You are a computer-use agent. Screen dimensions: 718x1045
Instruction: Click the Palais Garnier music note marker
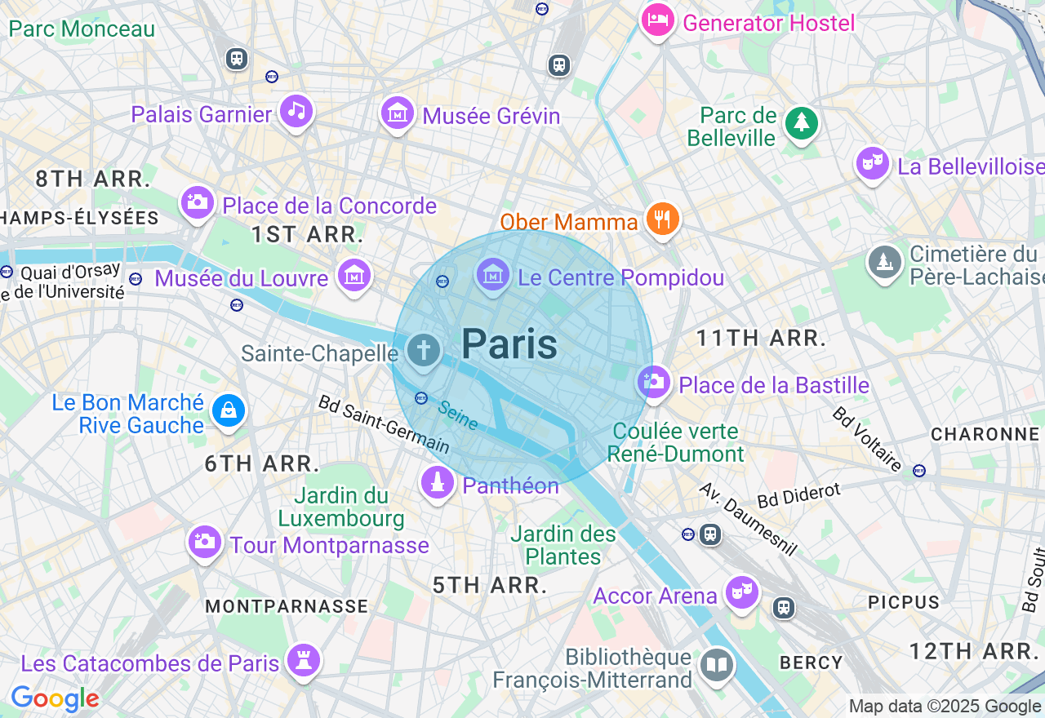[296, 111]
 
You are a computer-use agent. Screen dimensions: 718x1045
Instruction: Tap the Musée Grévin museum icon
[398, 113]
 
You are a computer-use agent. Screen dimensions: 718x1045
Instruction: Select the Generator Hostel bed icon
[657, 20]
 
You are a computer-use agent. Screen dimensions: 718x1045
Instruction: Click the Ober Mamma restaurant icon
[663, 219]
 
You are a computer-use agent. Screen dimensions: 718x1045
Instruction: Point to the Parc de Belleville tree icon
[801, 123]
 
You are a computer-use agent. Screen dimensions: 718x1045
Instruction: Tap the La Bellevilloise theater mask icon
[873, 163]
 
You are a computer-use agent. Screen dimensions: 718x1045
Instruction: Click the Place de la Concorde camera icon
[198, 202]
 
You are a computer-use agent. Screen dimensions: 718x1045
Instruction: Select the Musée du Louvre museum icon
[355, 275]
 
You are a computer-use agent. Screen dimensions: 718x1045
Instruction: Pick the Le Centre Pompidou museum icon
[493, 275]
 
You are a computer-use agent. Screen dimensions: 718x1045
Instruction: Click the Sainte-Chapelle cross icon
[423, 351]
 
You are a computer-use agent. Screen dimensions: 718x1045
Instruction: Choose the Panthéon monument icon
[438, 482]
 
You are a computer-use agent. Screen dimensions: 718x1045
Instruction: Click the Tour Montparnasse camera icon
[204, 542]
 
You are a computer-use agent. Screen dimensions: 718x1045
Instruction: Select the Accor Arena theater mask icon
[741, 592]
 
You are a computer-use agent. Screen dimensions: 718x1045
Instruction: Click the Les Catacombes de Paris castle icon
[304, 661]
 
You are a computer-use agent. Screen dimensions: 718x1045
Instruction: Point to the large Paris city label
[509, 344]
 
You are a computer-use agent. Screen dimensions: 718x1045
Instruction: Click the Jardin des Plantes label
[563, 546]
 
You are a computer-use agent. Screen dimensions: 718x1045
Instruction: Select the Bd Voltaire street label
[867, 439]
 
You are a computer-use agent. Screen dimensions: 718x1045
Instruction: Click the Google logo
[55, 699]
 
